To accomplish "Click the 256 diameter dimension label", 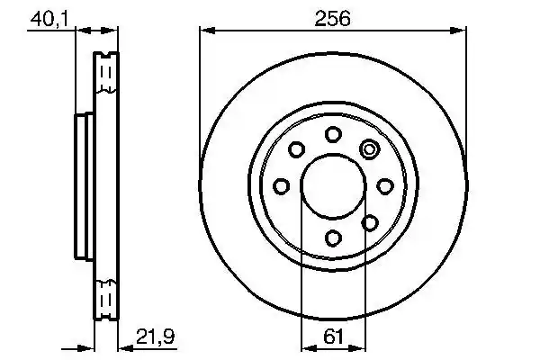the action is point(332,18).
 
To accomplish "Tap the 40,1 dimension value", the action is point(49,19).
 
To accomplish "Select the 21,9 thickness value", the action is point(156,337).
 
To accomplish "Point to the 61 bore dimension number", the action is point(333,337).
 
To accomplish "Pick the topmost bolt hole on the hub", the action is point(333,134).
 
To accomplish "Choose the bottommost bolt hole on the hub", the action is point(333,238).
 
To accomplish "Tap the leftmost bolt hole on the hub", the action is point(282,186).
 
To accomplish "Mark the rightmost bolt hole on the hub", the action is point(385,186).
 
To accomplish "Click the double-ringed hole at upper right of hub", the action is point(369,149).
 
